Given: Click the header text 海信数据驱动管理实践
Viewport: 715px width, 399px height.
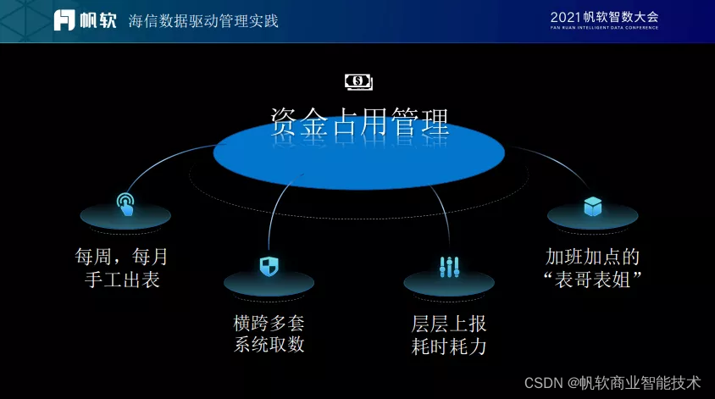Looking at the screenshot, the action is pos(202,20).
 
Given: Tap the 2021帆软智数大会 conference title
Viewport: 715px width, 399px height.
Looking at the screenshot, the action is pos(603,16).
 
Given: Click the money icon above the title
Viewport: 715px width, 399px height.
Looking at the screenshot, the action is pos(358,81).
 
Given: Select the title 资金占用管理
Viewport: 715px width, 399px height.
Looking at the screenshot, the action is pos(359,123).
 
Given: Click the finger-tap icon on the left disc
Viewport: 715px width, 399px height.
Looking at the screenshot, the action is pos(125,203).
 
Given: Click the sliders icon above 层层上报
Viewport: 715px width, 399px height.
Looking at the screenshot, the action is pos(449,268).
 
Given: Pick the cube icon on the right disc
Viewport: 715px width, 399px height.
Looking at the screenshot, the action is pos(592,206).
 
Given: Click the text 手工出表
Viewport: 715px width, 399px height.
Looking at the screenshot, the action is pos(123,280).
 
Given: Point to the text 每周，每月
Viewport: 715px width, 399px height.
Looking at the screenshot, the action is pos(122,257).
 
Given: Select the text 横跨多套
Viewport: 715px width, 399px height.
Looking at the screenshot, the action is pos(269,323).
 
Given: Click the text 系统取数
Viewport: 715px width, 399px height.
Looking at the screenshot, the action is pos(269,345).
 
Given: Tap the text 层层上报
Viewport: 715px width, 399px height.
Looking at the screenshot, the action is pos(449,324).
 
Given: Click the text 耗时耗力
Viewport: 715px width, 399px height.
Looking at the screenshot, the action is pos(449,346).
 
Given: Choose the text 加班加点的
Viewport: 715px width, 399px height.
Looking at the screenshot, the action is pos(592,257).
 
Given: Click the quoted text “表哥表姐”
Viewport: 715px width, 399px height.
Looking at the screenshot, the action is pos(592,280).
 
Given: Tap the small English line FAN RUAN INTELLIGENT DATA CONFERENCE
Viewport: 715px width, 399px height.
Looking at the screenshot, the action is pos(603,28).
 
